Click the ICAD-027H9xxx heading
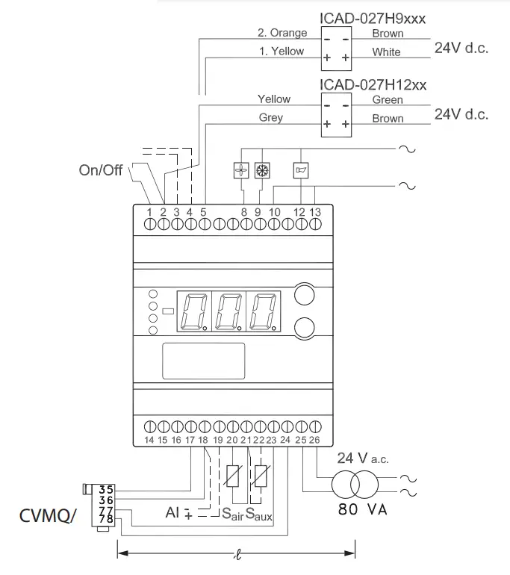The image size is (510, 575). [x=373, y=18]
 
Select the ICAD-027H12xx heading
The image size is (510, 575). [x=373, y=84]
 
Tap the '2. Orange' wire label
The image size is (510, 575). [x=282, y=33]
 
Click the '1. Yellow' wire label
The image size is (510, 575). [x=282, y=52]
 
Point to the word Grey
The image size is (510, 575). [x=271, y=118]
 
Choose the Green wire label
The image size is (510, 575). [x=388, y=100]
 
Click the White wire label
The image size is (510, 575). [x=387, y=52]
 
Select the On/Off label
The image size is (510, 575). [x=101, y=170]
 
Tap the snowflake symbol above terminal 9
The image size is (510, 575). [x=261, y=170]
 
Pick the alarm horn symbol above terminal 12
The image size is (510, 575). [x=300, y=170]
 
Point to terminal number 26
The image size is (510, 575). [x=314, y=441]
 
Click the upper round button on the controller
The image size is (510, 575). [x=304, y=294]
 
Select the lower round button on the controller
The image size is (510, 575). [x=304, y=327]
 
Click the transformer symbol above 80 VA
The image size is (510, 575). [x=355, y=485]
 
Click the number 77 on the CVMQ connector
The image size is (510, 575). [x=108, y=510]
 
